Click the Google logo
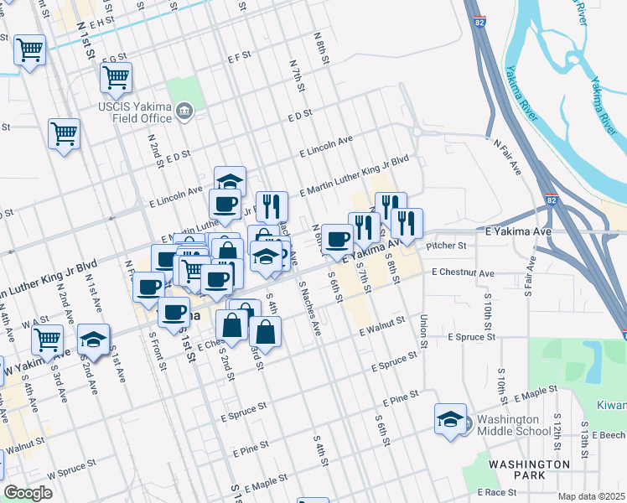pos(28,493)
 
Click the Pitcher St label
pos(445,246)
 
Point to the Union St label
pos(423,331)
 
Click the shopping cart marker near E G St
pos(116,78)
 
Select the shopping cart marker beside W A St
pos(48,340)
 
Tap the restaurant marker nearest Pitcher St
pos(407,222)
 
